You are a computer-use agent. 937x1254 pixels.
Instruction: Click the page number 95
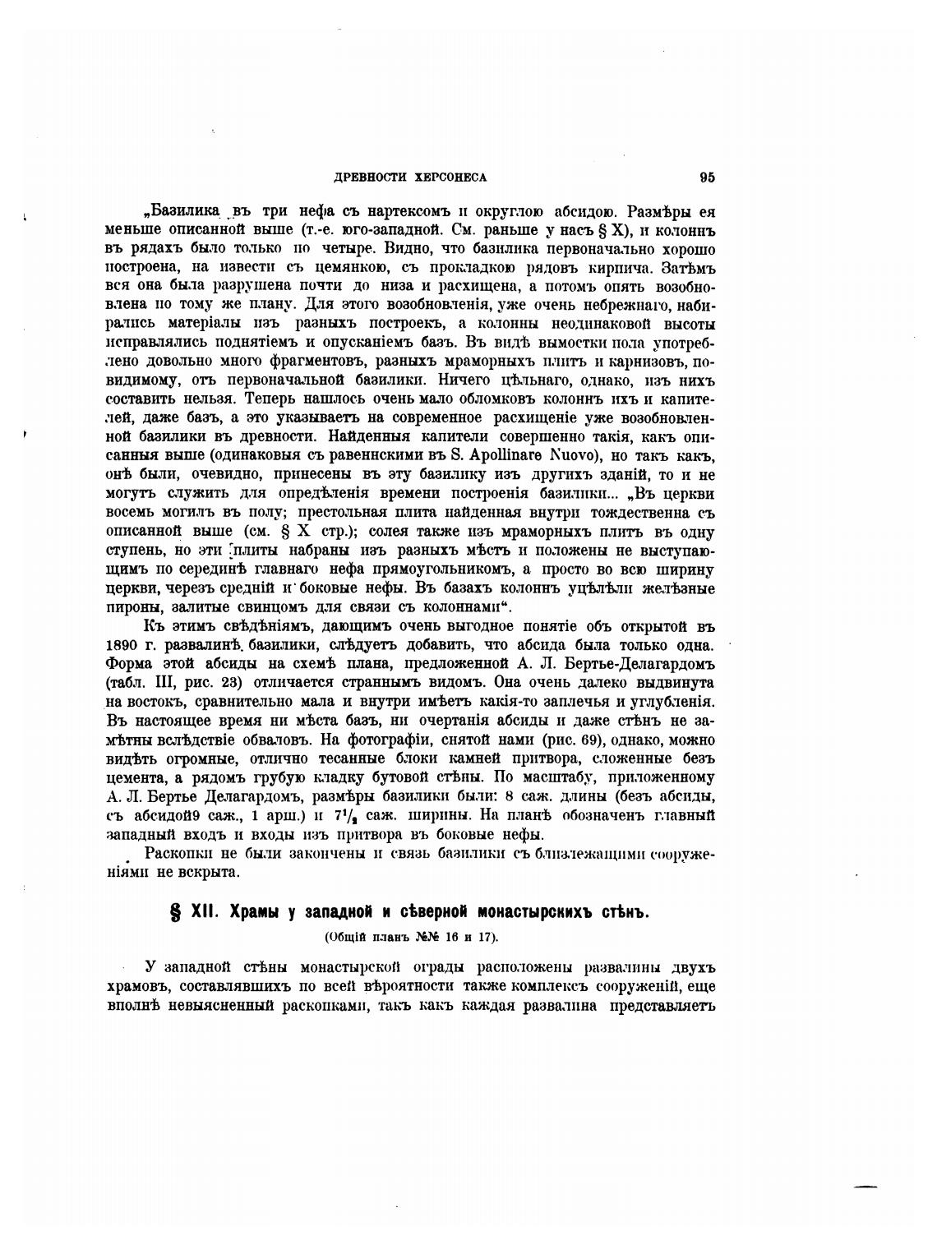pos(707,177)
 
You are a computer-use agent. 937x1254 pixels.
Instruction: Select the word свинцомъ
pos(228,606)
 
